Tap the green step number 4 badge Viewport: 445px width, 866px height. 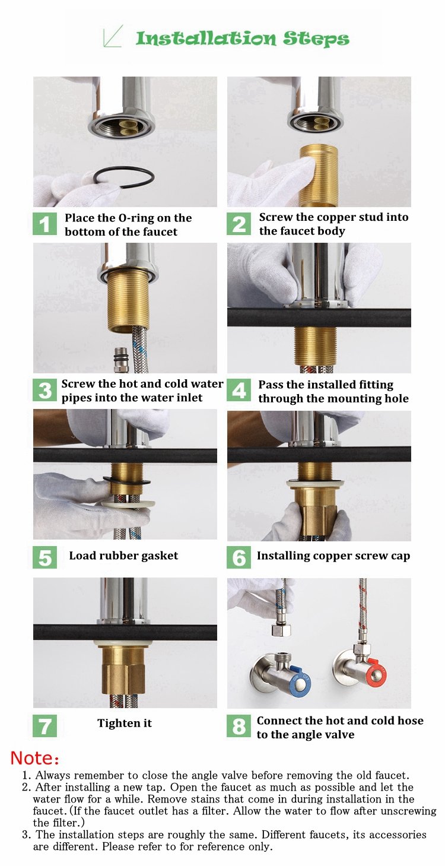point(239,391)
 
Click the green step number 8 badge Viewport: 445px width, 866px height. point(239,727)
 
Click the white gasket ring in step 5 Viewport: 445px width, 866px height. point(128,503)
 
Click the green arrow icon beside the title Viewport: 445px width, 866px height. point(113,36)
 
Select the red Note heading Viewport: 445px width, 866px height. point(35,758)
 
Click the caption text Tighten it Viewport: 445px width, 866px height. point(125,723)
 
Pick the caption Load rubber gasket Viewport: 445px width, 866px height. point(123,556)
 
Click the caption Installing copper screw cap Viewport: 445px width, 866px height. point(333,556)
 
